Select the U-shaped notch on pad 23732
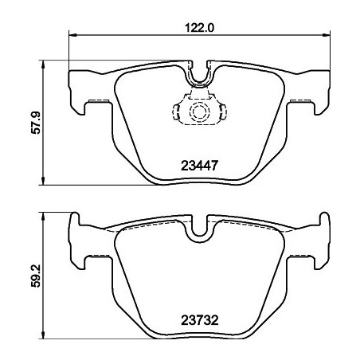[201, 229]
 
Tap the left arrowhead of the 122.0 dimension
[74, 35]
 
